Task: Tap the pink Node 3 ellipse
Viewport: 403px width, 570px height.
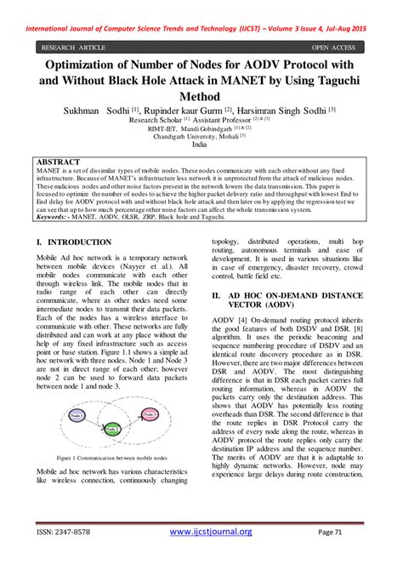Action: coord(150,414)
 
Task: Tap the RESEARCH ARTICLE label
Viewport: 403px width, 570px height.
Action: coord(73,48)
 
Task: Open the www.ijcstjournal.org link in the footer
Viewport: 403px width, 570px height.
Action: coord(211,532)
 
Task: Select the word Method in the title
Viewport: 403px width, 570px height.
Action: coord(201,97)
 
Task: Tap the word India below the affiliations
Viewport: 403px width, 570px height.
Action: coord(200,145)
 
